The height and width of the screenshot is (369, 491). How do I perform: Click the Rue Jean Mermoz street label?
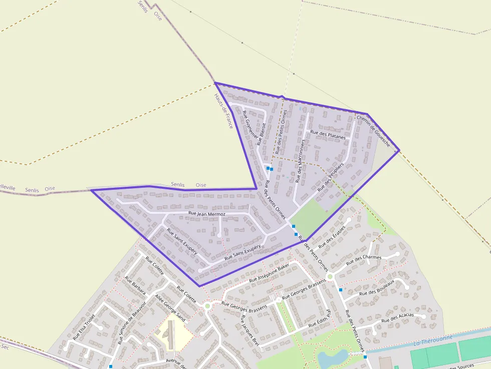pos(206,214)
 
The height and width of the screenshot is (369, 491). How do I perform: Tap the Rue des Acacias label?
pos(397,317)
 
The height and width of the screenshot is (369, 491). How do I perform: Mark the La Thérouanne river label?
pos(433,340)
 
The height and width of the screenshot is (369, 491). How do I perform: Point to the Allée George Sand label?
pos(170,307)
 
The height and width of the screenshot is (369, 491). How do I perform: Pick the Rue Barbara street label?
pos(135,286)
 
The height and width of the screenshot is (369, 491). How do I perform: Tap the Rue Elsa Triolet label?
pos(84,327)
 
